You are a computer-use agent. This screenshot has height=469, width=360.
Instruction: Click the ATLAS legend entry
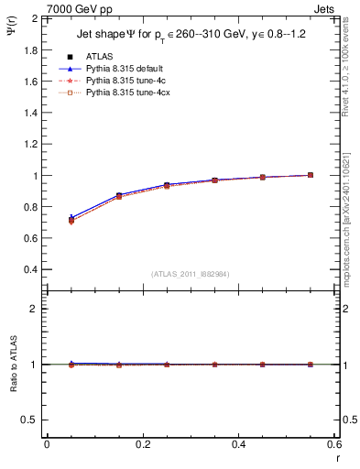point(99,56)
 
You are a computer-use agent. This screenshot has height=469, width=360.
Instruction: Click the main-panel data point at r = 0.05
point(71,220)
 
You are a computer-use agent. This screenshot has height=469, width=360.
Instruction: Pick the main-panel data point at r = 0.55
point(311,175)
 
